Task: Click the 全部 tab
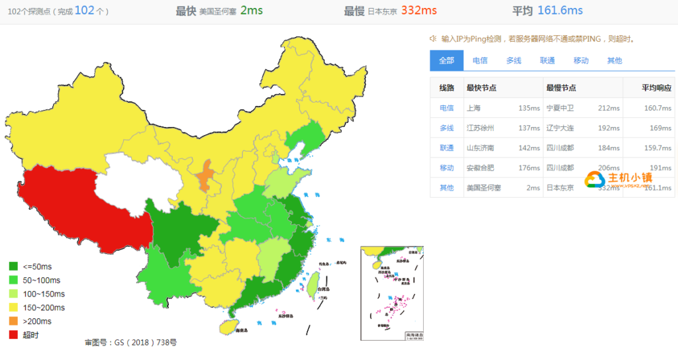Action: pos(446,60)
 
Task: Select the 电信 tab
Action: pos(480,60)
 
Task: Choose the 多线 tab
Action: pos(514,60)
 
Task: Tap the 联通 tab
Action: pos(548,60)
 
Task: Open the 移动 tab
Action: pos(581,60)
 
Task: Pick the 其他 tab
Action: pos(614,60)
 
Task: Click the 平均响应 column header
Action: pos(656,88)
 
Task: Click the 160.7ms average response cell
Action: pos(657,108)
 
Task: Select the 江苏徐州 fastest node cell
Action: pos(481,128)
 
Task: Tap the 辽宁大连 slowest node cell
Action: pos(560,128)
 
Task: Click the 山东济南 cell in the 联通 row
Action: pos(481,148)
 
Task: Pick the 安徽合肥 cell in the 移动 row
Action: pos(481,167)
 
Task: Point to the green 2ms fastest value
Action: pos(252,11)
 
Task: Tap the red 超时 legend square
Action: pos(14,335)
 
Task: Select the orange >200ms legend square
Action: pos(14,321)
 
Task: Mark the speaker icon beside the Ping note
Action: pos(433,38)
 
